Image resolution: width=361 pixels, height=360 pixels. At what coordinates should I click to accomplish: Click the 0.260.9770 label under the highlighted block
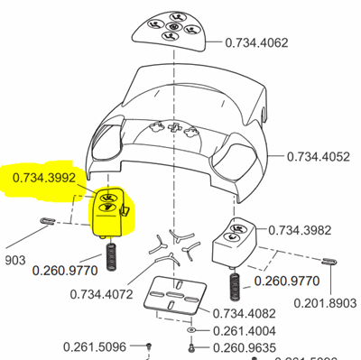click(64, 268)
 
